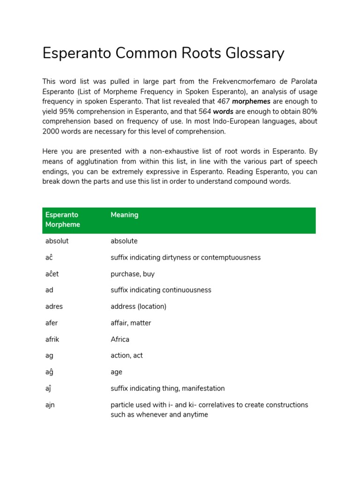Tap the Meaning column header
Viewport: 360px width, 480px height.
[124, 215]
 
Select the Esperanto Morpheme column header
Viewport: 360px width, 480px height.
[62, 219]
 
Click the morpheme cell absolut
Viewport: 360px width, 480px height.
[57, 241]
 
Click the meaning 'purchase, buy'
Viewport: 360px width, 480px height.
[133, 274]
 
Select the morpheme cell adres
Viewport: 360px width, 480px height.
[54, 307]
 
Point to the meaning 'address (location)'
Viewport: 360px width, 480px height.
[138, 307]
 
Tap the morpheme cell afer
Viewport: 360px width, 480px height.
[51, 323]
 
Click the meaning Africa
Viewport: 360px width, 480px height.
[120, 339]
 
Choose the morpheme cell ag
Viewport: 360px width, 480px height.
[49, 355]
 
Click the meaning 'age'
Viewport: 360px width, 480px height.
[116, 372]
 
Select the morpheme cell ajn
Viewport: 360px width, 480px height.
[50, 405]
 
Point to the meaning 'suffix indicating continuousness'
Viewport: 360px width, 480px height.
[161, 290]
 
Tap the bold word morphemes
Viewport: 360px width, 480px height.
[251, 101]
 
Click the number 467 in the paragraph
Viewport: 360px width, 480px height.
[224, 101]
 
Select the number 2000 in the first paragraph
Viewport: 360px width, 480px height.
[52, 131]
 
